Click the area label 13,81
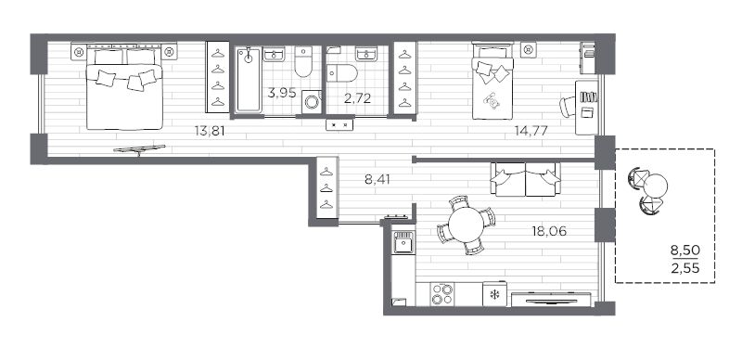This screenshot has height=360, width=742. [x=210, y=131]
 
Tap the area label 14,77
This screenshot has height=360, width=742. [x=531, y=131]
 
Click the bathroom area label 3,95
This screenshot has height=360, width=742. [x=281, y=92]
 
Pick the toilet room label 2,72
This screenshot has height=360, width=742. [x=358, y=96]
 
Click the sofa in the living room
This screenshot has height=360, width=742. [x=526, y=178]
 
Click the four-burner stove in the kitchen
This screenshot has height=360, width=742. [x=442, y=294]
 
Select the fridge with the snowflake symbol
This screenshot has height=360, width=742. [x=493, y=295]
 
